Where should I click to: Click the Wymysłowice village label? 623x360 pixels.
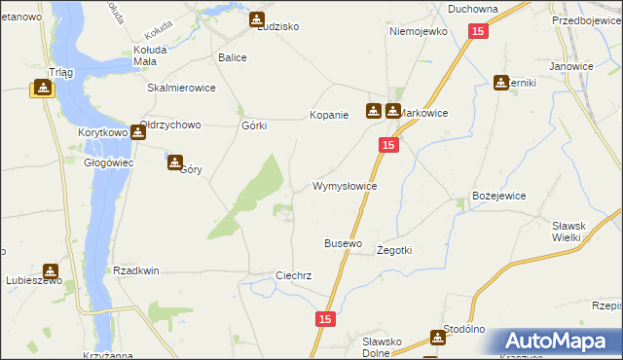[x=344, y=185]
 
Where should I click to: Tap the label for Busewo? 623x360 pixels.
[x=343, y=242]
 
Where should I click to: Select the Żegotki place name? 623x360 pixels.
[x=394, y=250]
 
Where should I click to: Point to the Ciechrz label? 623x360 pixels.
[x=293, y=275]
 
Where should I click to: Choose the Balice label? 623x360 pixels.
[x=233, y=57]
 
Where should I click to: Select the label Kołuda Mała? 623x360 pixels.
[x=151, y=56]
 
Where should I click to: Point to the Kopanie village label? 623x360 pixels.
[x=328, y=115]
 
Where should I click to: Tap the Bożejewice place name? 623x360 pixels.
[x=498, y=196]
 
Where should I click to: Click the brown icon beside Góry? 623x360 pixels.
[x=175, y=162]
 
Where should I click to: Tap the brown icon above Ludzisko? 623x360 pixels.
[x=256, y=18]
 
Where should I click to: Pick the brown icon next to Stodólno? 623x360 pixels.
[x=438, y=338]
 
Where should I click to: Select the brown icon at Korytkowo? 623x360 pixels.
[x=138, y=133]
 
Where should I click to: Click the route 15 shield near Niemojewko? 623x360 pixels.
[x=476, y=32]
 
